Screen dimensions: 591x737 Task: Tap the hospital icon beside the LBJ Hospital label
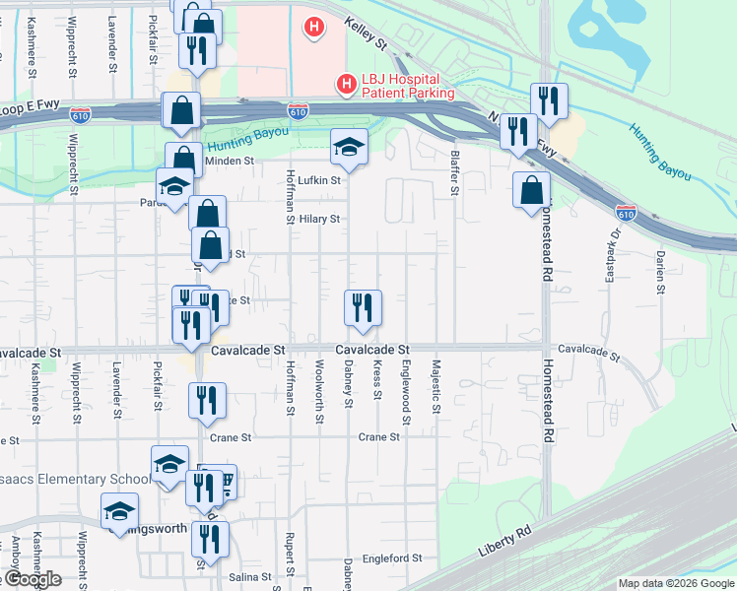pos(346,86)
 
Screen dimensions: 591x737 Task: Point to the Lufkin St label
pos(320,180)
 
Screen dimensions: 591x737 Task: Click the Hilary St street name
pos(319,219)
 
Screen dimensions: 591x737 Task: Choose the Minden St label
pos(229,161)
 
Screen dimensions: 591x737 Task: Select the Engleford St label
pos(392,558)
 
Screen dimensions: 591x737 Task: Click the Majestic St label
pos(435,380)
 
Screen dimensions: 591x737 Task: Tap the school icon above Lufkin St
pos(348,147)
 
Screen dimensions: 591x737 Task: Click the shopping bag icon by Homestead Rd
pos(531,189)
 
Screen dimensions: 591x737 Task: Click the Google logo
pos(33,579)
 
